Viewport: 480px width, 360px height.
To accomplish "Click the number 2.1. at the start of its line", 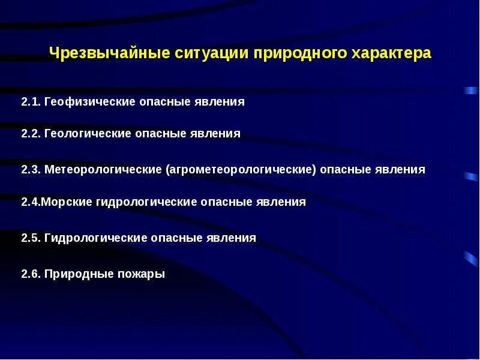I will pos(31,102).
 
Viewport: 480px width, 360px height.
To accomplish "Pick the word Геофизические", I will pos(89,102).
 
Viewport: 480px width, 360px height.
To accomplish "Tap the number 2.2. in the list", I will pos(31,134).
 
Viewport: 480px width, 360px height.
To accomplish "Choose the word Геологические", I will pos(88,134).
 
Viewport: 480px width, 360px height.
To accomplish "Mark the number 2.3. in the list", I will pos(31,170).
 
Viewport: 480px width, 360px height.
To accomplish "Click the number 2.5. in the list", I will pos(31,238).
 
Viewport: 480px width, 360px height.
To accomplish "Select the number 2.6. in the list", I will pos(31,274).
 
